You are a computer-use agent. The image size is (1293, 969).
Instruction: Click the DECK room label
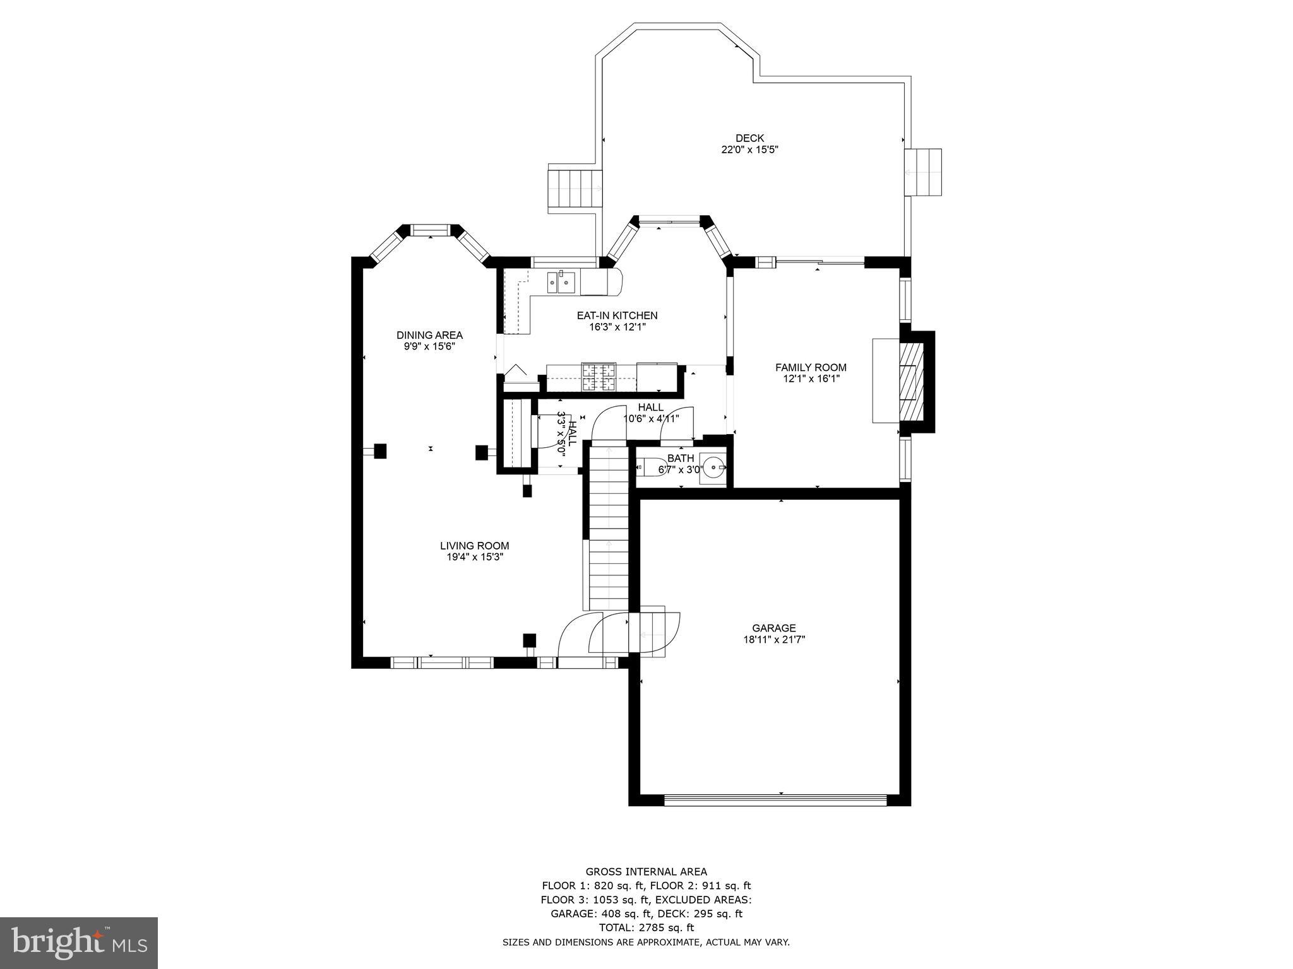tap(749, 138)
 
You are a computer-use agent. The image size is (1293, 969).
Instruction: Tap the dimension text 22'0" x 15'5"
tap(749, 150)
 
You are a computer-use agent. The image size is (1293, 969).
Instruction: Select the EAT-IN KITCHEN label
tap(617, 315)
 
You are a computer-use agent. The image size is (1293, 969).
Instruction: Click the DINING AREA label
tap(429, 335)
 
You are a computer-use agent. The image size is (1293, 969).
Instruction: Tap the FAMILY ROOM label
tap(811, 367)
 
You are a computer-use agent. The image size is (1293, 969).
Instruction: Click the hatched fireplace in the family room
tap(910, 382)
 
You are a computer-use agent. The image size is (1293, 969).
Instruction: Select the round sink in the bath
tap(714, 467)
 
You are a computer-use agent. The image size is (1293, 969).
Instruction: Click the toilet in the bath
tap(648, 467)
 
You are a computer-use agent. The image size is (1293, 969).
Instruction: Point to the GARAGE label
tap(773, 628)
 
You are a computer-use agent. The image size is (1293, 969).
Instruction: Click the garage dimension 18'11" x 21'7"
tap(773, 640)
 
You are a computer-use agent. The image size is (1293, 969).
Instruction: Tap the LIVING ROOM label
tap(474, 546)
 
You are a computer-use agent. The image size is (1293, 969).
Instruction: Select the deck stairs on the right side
tap(922, 172)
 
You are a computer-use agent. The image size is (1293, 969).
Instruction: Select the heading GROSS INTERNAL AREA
tap(646, 872)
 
